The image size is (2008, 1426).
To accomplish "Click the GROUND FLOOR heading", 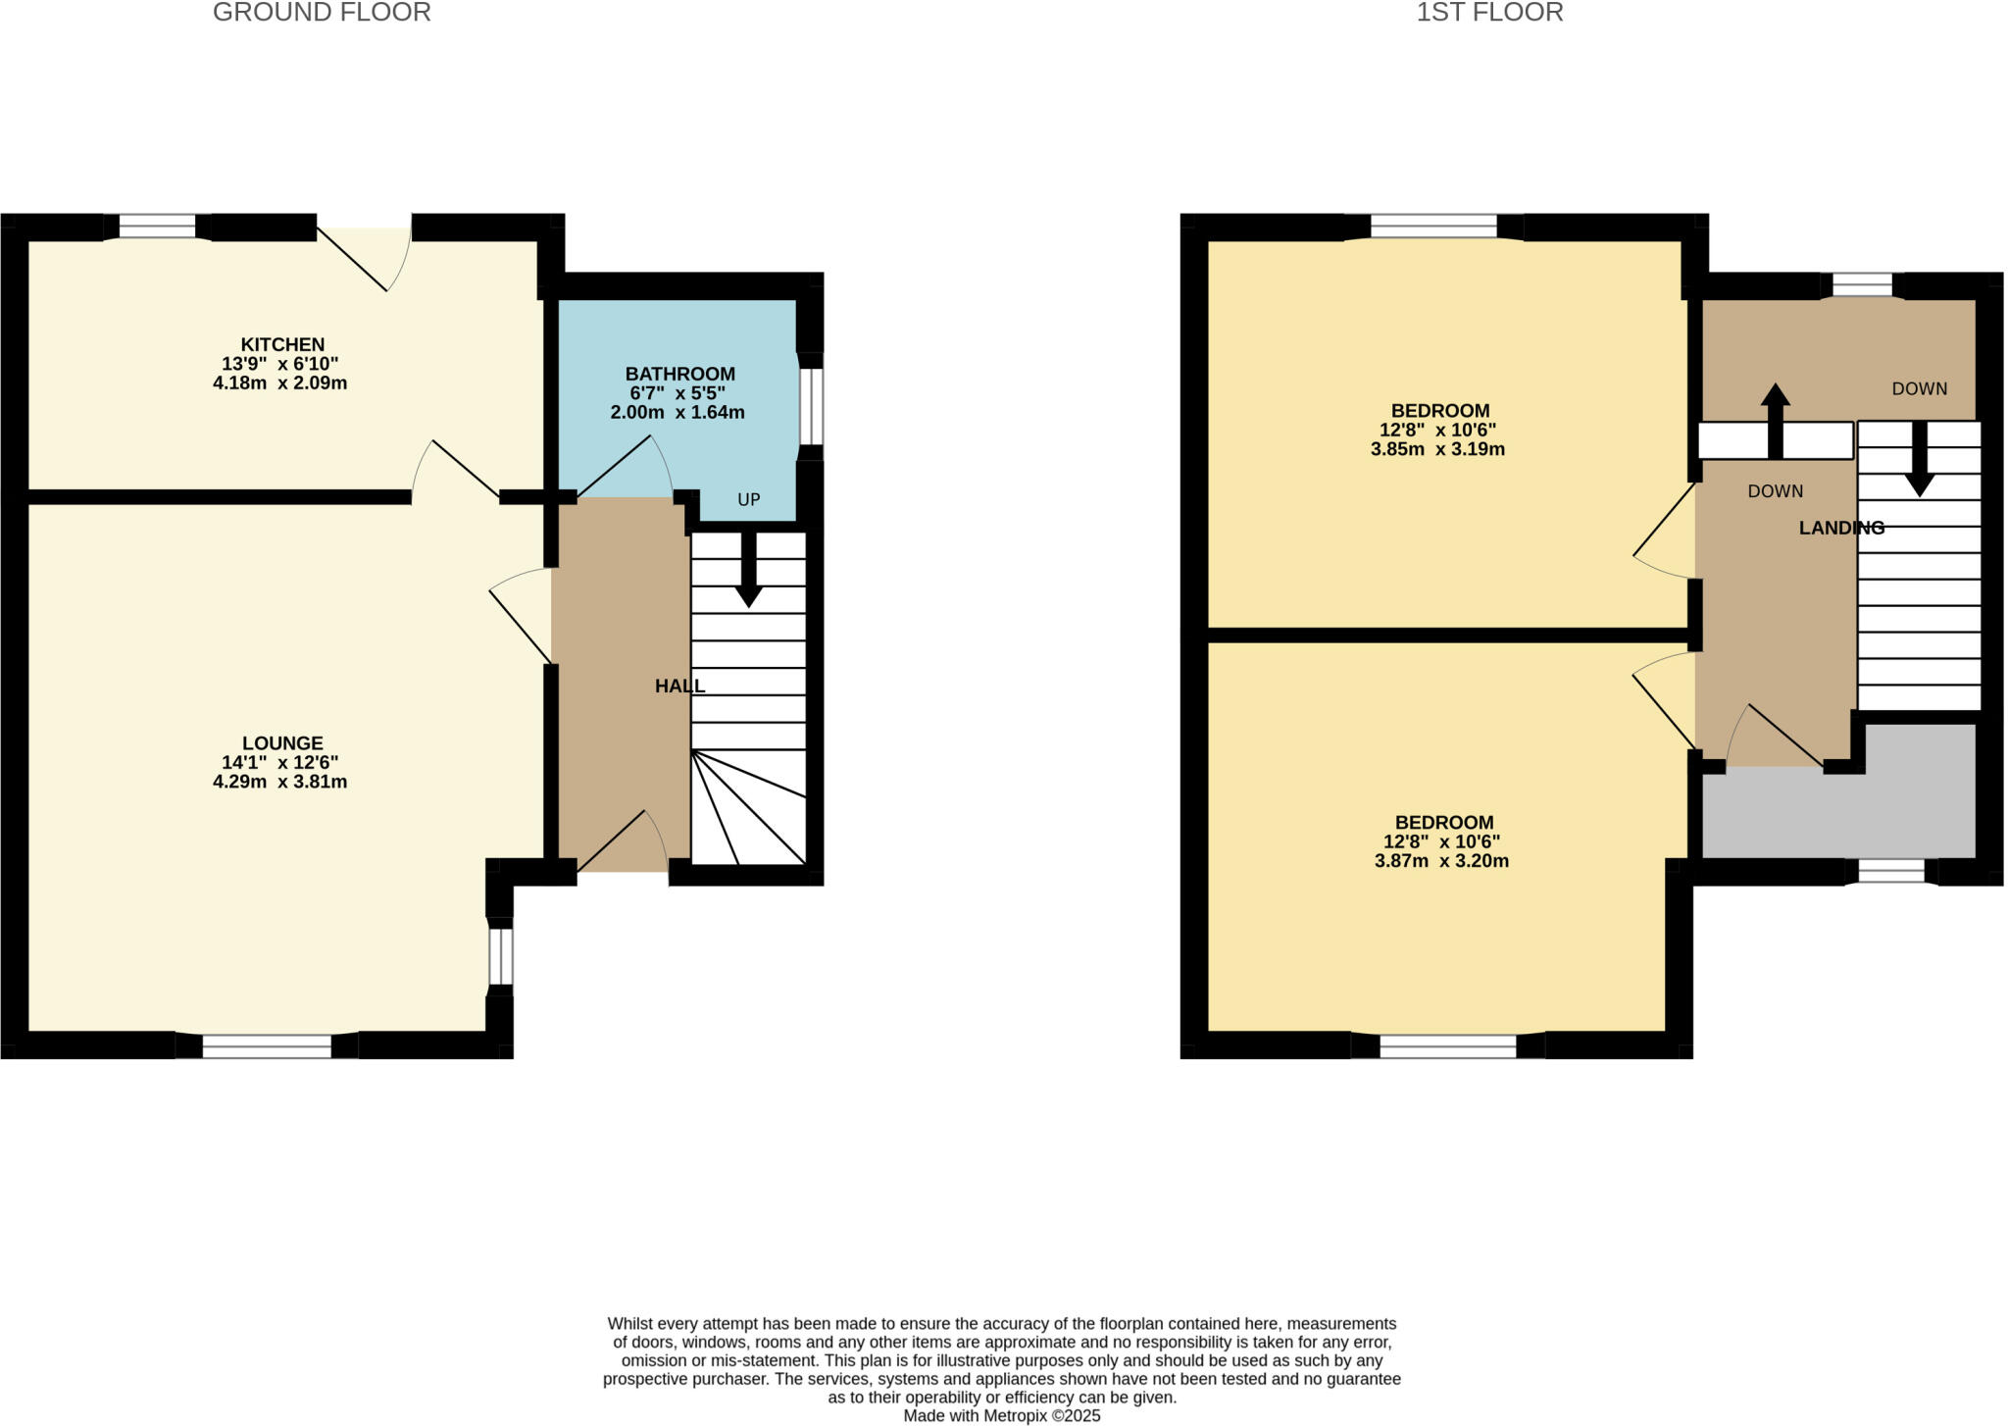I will [322, 13].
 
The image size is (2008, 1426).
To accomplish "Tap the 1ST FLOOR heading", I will [1489, 13].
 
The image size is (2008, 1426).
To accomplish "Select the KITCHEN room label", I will [282, 344].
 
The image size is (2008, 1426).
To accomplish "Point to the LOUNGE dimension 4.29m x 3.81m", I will [280, 783].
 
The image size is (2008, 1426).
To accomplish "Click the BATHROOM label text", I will [680, 374].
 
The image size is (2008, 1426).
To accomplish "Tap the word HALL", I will [679, 687].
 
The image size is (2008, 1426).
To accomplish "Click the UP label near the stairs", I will [748, 500].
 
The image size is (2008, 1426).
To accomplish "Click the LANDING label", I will [1841, 528].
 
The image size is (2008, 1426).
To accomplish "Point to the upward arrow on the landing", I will [1775, 417].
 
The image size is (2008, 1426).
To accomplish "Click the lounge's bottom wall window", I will [267, 1046].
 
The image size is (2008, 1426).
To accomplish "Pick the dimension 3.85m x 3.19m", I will [1437, 450].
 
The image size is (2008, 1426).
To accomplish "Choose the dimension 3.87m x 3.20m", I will [1441, 862].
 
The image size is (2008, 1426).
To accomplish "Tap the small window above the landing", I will [1862, 285].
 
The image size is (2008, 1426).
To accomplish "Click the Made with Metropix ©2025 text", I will [1001, 1416].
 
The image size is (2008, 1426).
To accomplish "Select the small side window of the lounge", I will [500, 955].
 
